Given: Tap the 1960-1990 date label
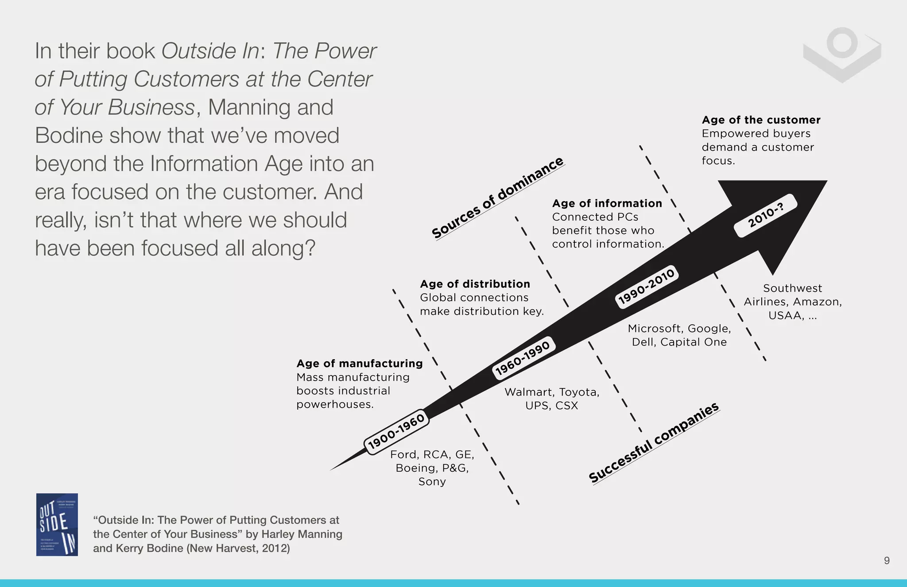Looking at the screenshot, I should coord(523,358).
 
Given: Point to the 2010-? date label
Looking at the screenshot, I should coord(766,215).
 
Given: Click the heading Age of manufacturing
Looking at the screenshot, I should coord(360,364).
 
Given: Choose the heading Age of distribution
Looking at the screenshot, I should coord(475,284).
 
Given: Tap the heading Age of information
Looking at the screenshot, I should coord(607,203).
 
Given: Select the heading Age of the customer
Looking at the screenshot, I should coord(761,120).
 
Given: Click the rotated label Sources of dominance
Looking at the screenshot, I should coord(497,198).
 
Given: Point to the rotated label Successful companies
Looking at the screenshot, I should coord(654,443).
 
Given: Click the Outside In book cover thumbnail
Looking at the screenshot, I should coord(57,525).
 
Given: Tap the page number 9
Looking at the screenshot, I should coord(887,560).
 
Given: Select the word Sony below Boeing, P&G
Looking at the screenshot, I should coord(432,482).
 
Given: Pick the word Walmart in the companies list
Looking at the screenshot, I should coord(529,392).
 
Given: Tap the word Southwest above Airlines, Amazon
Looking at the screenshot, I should coord(792,288).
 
